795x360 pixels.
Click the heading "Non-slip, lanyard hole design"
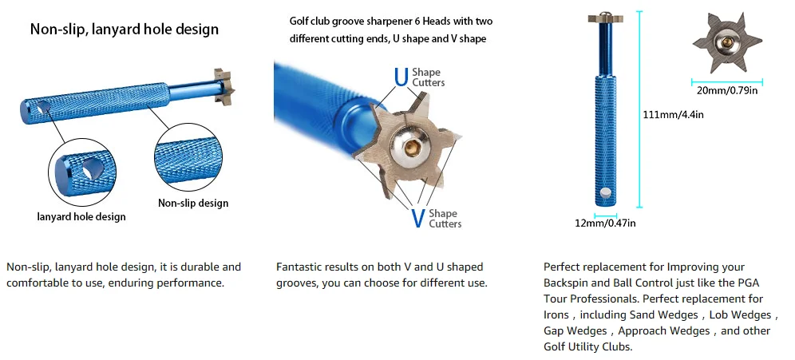[x=124, y=30]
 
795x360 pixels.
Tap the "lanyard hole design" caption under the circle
[x=81, y=216]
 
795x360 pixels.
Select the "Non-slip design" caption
[x=193, y=203]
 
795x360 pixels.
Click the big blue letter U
[x=401, y=77]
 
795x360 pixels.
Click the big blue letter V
[x=417, y=218]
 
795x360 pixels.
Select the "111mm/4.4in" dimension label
[x=673, y=114]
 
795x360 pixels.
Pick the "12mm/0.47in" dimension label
[x=605, y=224]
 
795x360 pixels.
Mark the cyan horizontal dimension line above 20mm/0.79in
[x=726, y=79]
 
